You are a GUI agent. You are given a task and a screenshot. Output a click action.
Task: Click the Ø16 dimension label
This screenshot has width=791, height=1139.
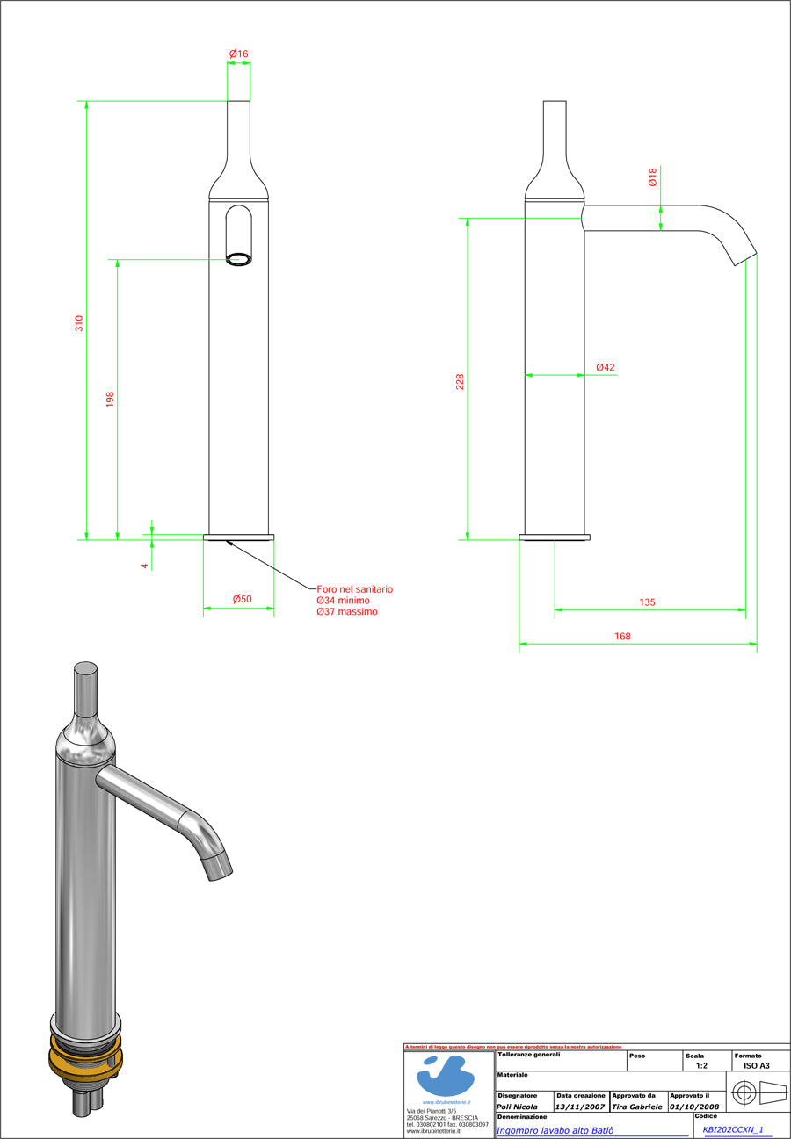coord(239,54)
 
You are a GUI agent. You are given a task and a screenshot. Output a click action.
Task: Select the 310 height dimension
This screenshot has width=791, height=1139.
coord(79,323)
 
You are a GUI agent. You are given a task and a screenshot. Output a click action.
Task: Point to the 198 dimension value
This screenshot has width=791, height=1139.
coord(110,400)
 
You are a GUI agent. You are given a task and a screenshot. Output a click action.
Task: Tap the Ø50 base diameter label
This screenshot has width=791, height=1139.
coord(242,599)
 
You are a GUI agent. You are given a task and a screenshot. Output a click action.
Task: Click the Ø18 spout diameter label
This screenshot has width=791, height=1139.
coord(652,179)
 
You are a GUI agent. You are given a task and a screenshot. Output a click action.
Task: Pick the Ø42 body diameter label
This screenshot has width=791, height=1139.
coord(605,367)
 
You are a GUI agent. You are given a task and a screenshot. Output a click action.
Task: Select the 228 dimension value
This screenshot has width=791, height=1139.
coord(460,382)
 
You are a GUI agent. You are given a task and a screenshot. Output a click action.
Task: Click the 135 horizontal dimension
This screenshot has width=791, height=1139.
coord(647,602)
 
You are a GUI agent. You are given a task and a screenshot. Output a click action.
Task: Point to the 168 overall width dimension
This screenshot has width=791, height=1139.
coord(622,636)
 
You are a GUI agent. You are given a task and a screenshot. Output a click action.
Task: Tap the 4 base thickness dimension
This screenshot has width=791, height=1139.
coord(144,566)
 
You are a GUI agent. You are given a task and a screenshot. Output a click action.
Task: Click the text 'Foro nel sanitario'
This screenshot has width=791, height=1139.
coord(354,588)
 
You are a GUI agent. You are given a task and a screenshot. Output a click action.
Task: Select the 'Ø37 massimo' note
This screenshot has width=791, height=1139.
coord(347,611)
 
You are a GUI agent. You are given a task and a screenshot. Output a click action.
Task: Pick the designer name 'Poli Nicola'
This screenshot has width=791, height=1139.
coord(517,1107)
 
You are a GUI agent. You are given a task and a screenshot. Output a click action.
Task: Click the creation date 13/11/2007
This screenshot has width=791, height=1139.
coord(580,1107)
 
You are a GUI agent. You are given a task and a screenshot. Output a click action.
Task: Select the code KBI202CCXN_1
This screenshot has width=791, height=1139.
coord(732,1129)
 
